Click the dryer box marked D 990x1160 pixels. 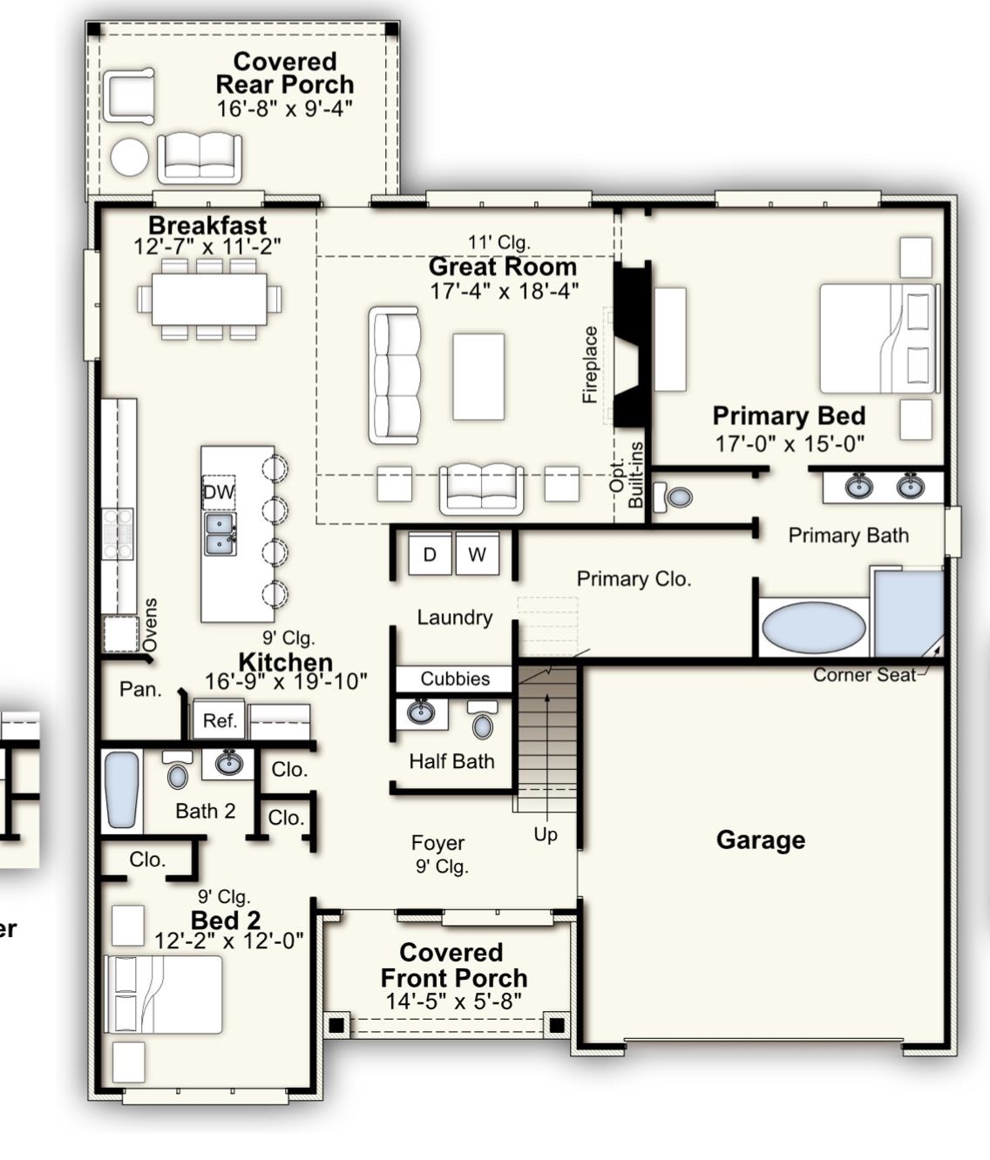click(x=430, y=554)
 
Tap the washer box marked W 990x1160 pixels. click(x=478, y=554)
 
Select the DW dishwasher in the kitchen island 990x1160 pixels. click(x=219, y=492)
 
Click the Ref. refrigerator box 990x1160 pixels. click(x=219, y=720)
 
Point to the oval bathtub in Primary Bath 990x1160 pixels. click(x=814, y=625)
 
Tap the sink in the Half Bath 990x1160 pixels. click(x=421, y=712)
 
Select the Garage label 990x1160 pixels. click(x=761, y=840)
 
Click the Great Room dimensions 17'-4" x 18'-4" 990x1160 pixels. click(x=505, y=291)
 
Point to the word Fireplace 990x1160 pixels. click(x=590, y=364)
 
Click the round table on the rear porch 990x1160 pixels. click(x=130, y=157)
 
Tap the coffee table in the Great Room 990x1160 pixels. click(x=478, y=376)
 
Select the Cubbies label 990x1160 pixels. click(x=455, y=679)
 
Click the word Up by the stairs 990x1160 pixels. click(x=546, y=835)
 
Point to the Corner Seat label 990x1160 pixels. click(x=865, y=675)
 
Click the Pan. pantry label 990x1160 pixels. click(x=140, y=689)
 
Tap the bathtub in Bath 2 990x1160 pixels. click(x=122, y=790)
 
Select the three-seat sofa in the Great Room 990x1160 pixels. click(x=395, y=375)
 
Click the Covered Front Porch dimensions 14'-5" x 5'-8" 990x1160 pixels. click(x=454, y=1002)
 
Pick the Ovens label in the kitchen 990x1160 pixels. click(x=150, y=624)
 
